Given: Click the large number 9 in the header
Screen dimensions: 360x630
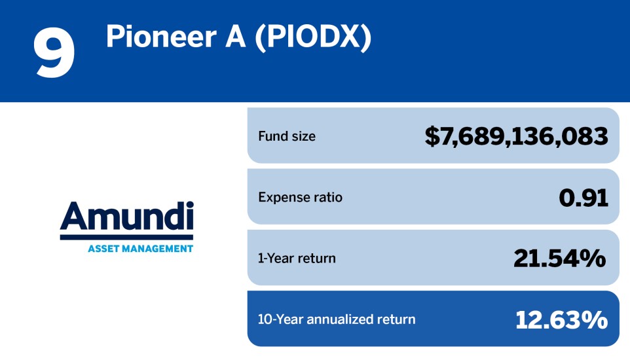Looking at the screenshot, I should coord(54,53).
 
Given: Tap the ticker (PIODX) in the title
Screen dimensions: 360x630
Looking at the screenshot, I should coord(312,38).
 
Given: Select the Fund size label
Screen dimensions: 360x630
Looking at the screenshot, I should coord(286,136).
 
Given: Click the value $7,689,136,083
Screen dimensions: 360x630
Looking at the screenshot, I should coord(516,136).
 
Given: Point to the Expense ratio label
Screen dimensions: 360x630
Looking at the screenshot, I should coord(300,197).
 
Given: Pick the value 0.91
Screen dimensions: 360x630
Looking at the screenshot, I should coord(584,197).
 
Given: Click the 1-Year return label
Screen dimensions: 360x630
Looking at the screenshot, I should coord(297,258).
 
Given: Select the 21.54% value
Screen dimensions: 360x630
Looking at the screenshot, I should coord(560,258).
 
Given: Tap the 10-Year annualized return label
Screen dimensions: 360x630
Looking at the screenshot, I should coord(337,319).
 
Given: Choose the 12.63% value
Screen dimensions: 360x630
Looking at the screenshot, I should coord(561,319).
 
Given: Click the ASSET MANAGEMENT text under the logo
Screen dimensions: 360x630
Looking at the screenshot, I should coord(140,248).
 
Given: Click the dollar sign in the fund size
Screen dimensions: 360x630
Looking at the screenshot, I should coord(432,136).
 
